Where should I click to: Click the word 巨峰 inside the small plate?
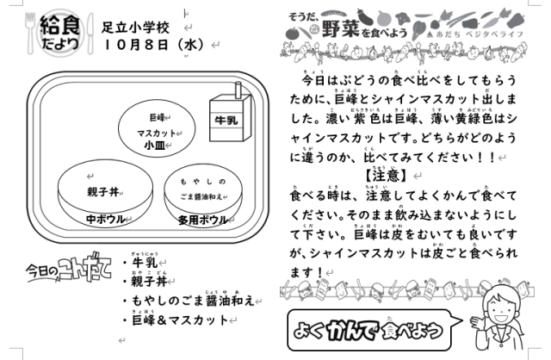point(156,115)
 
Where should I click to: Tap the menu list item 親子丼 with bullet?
point(150,282)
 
